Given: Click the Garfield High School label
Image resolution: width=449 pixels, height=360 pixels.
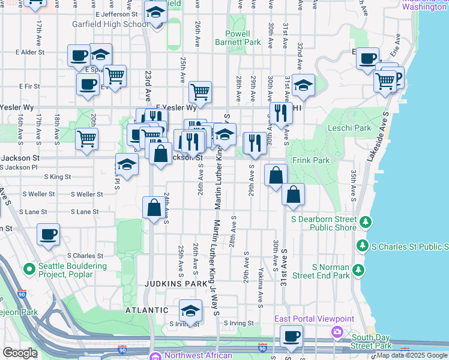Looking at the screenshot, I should click(110, 25).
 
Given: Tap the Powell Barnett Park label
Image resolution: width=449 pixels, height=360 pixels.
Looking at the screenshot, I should click(244, 38).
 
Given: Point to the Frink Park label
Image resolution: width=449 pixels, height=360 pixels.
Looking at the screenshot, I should click(311, 161).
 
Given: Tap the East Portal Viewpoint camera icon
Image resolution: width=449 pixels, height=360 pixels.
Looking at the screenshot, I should click(337, 331).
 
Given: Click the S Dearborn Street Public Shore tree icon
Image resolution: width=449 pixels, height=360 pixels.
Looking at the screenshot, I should click(364, 223).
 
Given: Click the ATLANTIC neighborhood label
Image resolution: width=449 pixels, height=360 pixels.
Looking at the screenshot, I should click(146, 310).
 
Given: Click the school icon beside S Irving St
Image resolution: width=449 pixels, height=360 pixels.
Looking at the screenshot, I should click(190, 310).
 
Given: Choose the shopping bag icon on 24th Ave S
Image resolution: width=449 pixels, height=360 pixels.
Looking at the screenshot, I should click(154, 208).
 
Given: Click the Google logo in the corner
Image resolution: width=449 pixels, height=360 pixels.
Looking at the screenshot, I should click(20, 353).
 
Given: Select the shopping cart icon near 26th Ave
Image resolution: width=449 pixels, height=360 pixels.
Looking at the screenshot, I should click(200, 92).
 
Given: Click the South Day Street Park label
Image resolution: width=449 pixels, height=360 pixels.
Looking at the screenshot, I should click(372, 341).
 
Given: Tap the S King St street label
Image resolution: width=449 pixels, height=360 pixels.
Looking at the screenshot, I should click(58, 177).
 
